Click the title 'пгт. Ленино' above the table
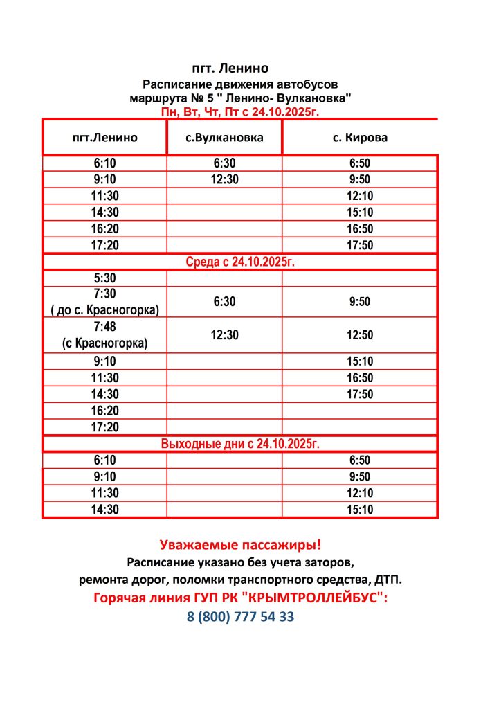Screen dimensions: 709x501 tap(229, 69)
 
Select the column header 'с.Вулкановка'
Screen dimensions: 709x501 tap(225, 137)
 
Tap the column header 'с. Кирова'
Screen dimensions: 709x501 tap(360, 137)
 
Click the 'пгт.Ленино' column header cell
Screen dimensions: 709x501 tap(104, 137)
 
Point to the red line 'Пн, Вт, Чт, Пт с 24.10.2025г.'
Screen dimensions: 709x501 tap(239, 111)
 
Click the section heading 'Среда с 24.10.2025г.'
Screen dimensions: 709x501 tap(239, 262)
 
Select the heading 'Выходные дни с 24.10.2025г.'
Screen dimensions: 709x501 tap(239, 443)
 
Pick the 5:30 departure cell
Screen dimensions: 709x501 tap(104, 278)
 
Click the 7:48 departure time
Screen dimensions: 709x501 tap(104, 327)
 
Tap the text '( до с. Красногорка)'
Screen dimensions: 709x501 tap(104, 309)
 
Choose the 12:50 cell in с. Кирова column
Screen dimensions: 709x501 tap(360, 335)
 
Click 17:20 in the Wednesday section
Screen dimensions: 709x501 tap(104, 427)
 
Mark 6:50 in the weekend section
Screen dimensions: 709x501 tap(360, 460)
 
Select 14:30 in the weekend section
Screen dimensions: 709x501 tap(104, 510)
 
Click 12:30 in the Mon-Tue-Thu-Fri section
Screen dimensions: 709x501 tap(225, 179)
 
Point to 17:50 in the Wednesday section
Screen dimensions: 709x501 tap(360, 394)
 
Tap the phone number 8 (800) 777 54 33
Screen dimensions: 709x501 tap(240, 617)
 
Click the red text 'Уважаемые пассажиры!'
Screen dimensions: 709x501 tap(240, 545)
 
